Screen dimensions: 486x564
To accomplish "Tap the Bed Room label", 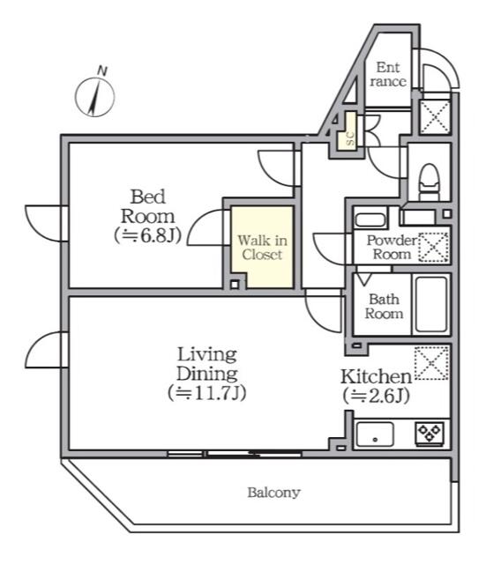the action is (147, 206).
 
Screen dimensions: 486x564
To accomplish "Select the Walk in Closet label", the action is (263, 247).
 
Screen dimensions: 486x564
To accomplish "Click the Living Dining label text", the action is (207, 364).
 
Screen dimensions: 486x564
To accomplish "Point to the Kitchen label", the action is (377, 376).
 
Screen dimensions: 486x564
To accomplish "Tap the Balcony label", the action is (273, 492).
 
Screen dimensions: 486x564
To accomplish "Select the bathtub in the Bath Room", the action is (431, 304).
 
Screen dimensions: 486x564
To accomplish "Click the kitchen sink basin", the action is (375, 434).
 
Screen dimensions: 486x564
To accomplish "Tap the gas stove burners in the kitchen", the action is (430, 434).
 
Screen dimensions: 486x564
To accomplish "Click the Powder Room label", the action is (392, 247).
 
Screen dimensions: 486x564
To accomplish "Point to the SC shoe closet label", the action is (349, 139).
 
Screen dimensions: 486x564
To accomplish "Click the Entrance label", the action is (388, 74).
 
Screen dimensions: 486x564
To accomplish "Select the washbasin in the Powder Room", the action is (370, 219).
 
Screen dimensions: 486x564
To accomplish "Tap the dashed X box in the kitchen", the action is (431, 363).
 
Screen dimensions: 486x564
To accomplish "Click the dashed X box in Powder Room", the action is (433, 247).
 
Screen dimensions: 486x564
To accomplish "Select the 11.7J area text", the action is (207, 393).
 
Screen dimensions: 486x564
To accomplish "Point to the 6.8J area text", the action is (147, 235).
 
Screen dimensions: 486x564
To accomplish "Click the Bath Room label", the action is (384, 307).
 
